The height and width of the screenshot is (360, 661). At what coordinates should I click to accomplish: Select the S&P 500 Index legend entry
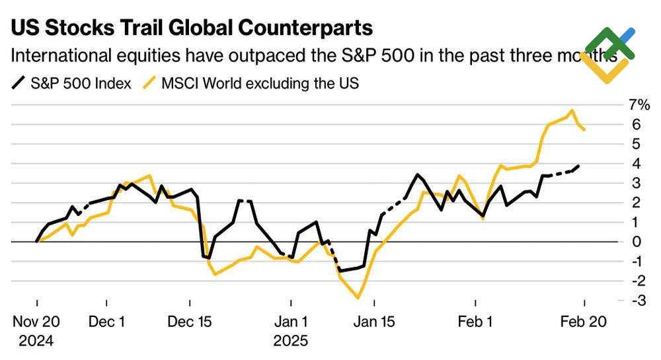[73, 84]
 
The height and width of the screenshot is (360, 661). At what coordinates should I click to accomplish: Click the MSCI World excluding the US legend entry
[252, 84]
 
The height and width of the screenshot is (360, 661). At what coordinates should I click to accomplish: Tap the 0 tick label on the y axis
[637, 242]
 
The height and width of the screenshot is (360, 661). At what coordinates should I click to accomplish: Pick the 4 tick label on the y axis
[637, 163]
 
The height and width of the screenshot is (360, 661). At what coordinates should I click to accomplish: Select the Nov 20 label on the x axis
[37, 322]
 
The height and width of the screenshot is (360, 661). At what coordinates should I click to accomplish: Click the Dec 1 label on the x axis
[108, 322]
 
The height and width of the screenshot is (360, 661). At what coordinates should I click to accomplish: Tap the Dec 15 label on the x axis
[190, 322]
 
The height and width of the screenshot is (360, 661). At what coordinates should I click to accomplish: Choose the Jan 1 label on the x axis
[291, 322]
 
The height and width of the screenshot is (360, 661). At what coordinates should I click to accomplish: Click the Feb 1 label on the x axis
[477, 322]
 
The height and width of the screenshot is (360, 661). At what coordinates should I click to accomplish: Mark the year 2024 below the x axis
[37, 342]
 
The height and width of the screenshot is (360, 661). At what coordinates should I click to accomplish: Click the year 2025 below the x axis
[291, 342]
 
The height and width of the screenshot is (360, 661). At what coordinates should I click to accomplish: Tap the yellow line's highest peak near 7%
[571, 110]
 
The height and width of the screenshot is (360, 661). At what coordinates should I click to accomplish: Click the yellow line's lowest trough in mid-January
[358, 298]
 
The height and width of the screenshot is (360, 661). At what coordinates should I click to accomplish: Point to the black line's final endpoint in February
[579, 166]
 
